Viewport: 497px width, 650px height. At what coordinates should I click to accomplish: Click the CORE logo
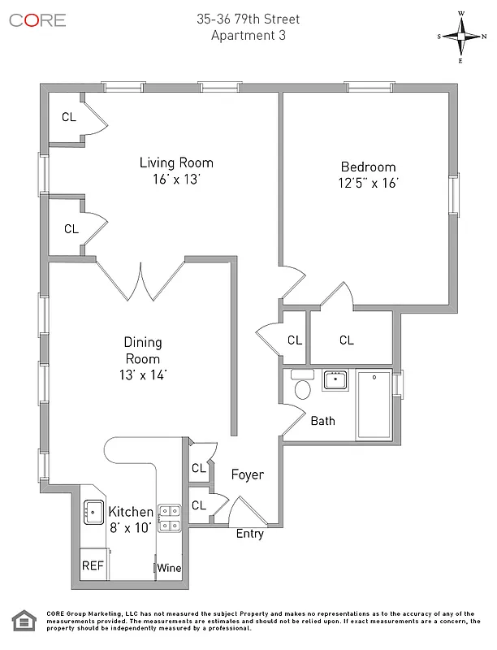tap(37, 19)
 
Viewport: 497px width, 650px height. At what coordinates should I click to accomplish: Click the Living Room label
tap(175, 162)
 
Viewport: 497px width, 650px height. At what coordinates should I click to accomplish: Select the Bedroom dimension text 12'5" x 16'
tap(369, 184)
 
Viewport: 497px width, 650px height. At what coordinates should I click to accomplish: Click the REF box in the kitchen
tap(92, 566)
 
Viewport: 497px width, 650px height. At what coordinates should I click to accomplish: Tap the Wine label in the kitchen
tap(169, 568)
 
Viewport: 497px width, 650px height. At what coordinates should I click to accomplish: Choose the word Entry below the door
tap(249, 534)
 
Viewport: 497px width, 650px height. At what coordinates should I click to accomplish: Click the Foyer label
tap(247, 474)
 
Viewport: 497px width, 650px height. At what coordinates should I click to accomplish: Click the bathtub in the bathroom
tap(374, 405)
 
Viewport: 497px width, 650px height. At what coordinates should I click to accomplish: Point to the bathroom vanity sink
tap(335, 379)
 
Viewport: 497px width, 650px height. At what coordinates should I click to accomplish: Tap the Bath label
tap(322, 421)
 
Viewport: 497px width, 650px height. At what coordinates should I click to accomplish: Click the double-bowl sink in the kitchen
tap(169, 518)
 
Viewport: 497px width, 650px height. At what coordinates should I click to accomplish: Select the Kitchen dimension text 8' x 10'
tap(131, 527)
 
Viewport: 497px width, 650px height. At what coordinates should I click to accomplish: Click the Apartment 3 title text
tap(248, 35)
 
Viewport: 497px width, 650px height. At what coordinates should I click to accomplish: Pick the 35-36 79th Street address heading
tap(248, 19)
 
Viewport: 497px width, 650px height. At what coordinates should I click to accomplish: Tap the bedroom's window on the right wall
tap(456, 195)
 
